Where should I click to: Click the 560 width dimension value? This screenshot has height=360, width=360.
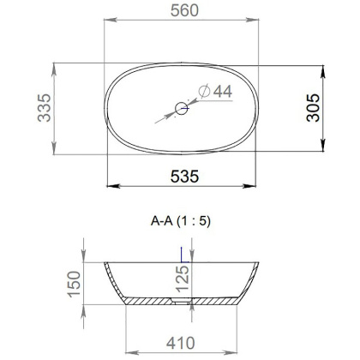click(x=180, y=14)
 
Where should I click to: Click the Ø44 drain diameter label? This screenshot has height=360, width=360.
click(x=214, y=91)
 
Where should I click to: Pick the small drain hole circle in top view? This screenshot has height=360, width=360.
click(x=182, y=108)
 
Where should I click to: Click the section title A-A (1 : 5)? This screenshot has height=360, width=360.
click(x=180, y=221)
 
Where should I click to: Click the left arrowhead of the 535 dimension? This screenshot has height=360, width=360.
click(x=109, y=186)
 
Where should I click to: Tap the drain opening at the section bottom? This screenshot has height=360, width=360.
click(x=181, y=302)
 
